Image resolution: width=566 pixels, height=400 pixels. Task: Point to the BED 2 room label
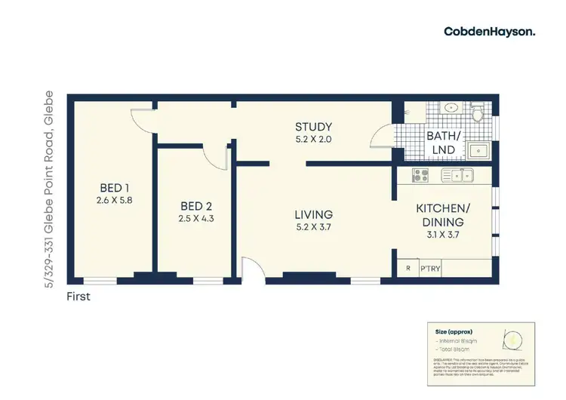click(x=194, y=205)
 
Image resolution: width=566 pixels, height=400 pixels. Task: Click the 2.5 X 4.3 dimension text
click(x=194, y=218)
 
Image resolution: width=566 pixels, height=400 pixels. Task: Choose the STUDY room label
click(x=313, y=127)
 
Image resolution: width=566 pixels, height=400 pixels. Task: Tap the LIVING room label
click(x=313, y=215)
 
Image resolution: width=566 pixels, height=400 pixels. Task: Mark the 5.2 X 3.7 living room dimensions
click(x=313, y=228)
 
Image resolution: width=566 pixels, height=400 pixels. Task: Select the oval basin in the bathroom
click(x=451, y=107)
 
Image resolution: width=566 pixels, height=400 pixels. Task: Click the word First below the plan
click(x=78, y=297)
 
